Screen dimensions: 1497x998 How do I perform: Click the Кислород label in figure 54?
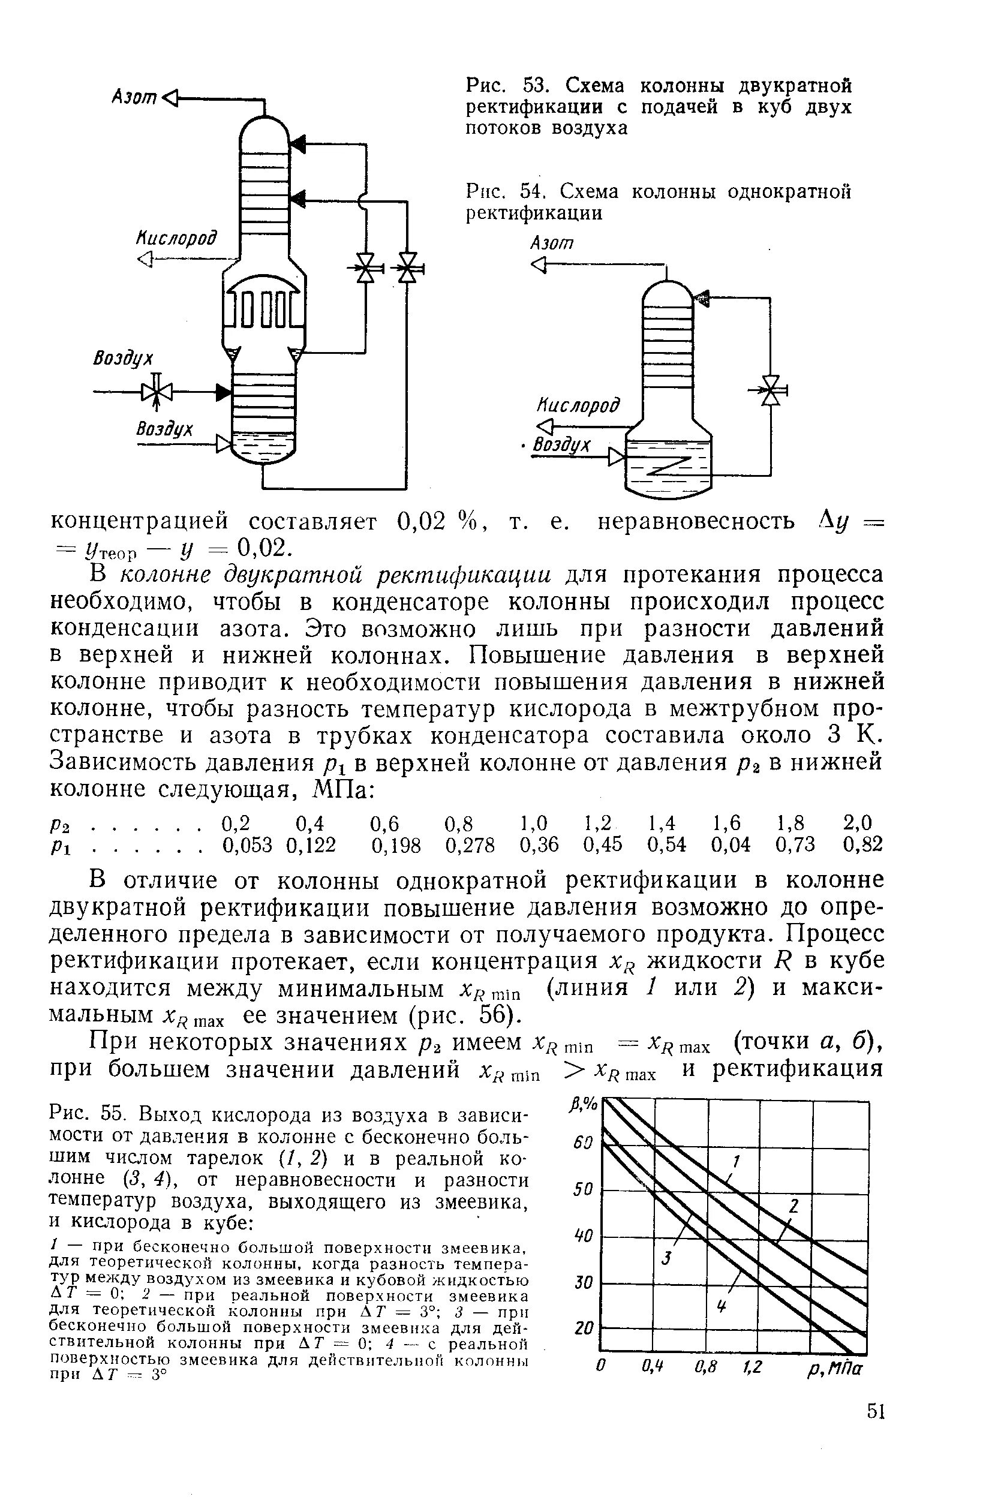coord(578,405)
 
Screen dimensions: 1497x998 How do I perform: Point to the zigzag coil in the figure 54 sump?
coord(668,466)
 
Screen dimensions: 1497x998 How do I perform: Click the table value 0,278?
coord(470,845)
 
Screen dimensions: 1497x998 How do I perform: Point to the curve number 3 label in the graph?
coord(667,1258)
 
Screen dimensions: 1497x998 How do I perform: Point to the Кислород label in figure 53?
coord(176,238)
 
